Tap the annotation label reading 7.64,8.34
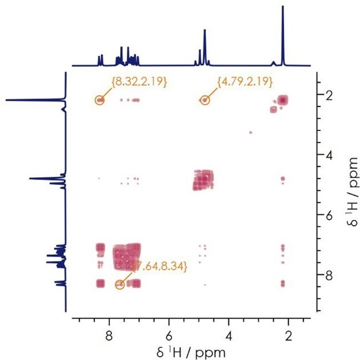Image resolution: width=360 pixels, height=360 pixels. [x=159, y=266]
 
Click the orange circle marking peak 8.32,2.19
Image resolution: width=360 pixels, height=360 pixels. [x=101, y=100]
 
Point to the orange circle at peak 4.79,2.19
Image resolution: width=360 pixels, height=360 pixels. [x=205, y=100]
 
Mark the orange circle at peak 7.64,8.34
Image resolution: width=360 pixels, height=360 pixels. [x=120, y=284]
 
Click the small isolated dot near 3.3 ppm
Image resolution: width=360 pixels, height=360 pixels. [x=250, y=133]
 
